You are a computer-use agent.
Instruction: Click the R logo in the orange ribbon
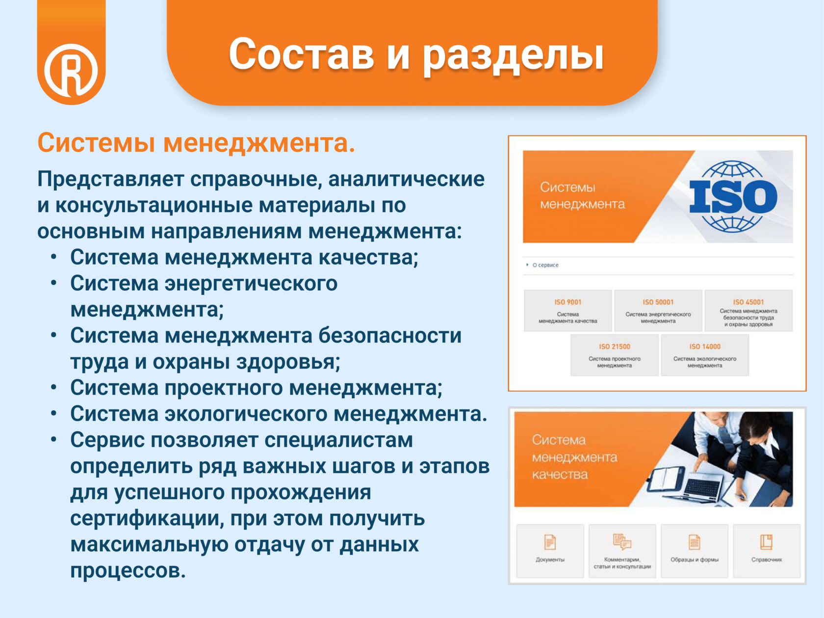coord(71,70)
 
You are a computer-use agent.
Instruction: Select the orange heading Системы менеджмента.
coord(196,143)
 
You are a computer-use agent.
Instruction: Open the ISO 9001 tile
coord(567,310)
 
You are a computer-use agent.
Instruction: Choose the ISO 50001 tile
coord(658,310)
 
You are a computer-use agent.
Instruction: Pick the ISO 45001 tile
coord(748,310)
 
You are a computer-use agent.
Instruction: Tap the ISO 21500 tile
coord(615,355)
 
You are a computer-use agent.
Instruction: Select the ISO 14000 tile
coord(705,355)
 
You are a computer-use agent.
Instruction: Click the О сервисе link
coord(545,265)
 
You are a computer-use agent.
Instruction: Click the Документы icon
coord(550,542)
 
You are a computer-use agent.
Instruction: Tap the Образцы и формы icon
coord(694,542)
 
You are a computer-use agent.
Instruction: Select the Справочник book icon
coord(766,542)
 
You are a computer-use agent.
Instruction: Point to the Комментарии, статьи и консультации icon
coord(622,541)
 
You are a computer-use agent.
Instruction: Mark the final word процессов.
coord(128,571)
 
